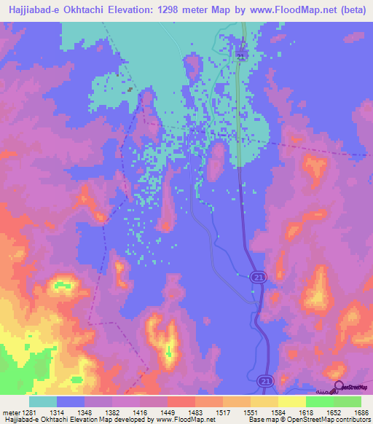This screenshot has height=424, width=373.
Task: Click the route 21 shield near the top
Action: [x=242, y=56]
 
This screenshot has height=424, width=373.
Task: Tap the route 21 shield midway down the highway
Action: [x=259, y=276]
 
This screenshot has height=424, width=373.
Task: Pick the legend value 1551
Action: [x=251, y=412]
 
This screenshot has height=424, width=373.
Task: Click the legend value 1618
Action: [x=305, y=412]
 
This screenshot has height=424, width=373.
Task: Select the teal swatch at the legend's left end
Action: [x=43, y=401]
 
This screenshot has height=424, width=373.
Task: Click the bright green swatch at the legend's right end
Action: [x=347, y=401]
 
